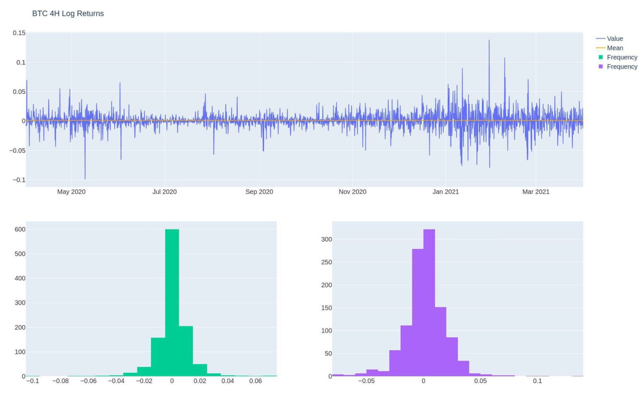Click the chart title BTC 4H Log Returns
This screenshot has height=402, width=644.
[x=68, y=13]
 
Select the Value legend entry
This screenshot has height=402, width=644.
[x=615, y=39]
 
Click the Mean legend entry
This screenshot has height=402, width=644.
[x=615, y=48]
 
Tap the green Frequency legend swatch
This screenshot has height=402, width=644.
[x=601, y=57]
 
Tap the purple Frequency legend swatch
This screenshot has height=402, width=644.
[x=601, y=67]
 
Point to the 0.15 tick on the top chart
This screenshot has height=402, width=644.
[x=19, y=33]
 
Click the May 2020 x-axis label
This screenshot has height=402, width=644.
[x=71, y=192]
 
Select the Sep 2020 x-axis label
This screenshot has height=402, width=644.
[x=259, y=192]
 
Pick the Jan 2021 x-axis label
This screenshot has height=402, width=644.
[x=446, y=192]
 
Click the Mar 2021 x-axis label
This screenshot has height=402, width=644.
[x=535, y=192]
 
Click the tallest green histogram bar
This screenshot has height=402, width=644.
[x=172, y=301]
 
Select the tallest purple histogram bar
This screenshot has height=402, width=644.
[x=429, y=301]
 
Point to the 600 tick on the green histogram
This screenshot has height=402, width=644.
[x=20, y=229]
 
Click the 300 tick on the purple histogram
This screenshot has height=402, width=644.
[x=326, y=240]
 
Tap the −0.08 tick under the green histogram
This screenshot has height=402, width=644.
[x=60, y=381]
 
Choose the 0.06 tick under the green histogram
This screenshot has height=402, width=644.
[x=255, y=381]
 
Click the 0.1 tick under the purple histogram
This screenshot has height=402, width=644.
[x=537, y=381]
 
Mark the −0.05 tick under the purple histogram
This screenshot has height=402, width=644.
[x=366, y=381]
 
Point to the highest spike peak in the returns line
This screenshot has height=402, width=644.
[x=489, y=41]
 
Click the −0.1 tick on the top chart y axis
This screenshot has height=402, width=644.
[x=19, y=180]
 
